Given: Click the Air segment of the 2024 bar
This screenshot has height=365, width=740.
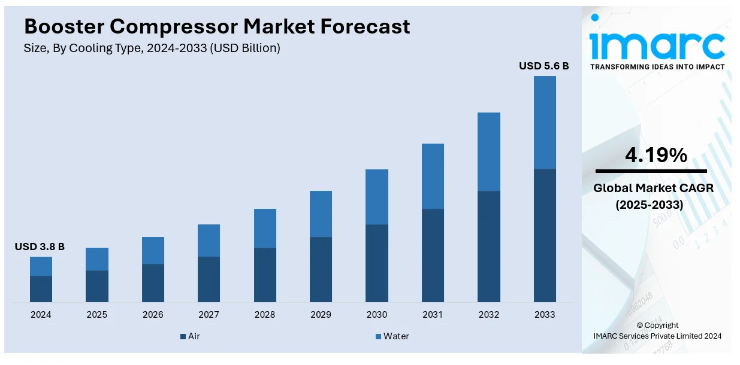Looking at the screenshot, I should [41, 288].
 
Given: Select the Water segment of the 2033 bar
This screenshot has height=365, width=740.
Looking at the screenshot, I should [545, 122].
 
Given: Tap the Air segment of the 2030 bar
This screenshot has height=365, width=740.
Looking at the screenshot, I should [377, 263].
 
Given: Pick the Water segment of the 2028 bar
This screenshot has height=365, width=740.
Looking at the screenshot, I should [265, 228].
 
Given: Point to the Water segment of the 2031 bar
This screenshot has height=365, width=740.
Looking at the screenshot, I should [433, 176].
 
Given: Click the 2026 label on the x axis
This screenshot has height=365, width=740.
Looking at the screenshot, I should [153, 315].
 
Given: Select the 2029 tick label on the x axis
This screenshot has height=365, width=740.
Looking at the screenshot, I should [321, 315].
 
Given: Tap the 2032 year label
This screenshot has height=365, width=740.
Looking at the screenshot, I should [488, 315].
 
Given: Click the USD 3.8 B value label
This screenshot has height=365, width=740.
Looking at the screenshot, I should [40, 247].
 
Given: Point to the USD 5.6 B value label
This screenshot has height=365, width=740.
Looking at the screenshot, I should [543, 66].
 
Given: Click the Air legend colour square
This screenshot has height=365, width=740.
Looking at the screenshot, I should [183, 337].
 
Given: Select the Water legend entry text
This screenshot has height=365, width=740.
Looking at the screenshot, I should [396, 336].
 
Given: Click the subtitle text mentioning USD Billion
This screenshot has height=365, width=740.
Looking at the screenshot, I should [152, 48].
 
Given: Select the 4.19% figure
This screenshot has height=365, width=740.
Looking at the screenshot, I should [656, 156].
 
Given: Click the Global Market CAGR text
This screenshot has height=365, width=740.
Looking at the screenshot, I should [653, 188].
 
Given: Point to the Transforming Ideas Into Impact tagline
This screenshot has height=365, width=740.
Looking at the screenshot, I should [657, 67].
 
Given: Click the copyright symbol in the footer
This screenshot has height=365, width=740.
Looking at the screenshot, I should [641, 326].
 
